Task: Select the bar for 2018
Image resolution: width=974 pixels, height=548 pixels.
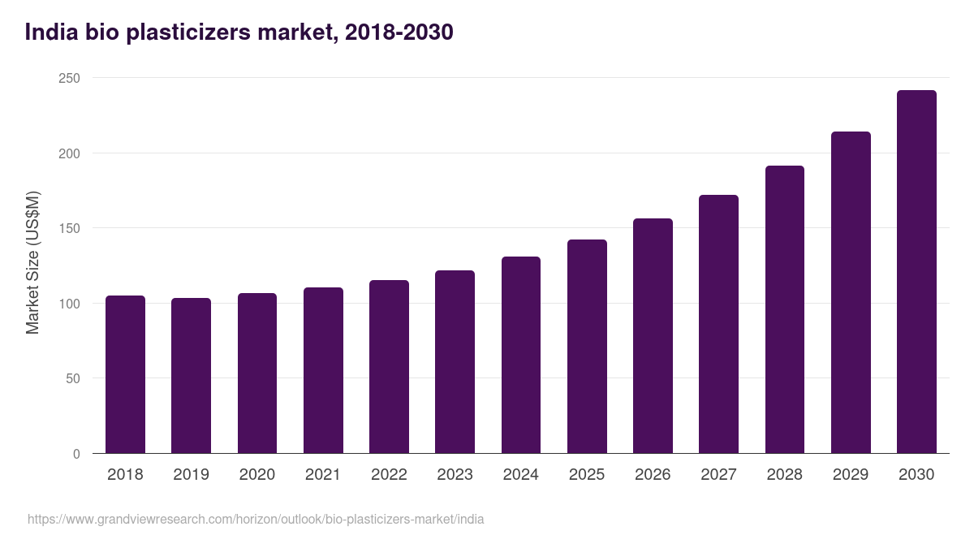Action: click(125, 374)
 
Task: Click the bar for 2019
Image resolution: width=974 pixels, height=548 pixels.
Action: click(191, 375)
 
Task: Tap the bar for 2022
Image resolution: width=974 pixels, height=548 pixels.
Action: click(389, 366)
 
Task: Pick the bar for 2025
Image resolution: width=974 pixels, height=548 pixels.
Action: click(587, 346)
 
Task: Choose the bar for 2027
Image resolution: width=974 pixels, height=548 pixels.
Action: click(718, 324)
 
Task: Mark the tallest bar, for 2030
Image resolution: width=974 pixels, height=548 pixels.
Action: click(916, 272)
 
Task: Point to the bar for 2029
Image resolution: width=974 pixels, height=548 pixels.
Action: click(851, 292)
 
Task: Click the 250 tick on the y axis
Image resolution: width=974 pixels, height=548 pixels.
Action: click(69, 78)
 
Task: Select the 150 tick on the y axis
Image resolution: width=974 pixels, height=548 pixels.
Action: click(69, 228)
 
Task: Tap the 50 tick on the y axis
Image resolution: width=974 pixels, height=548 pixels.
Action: click(72, 378)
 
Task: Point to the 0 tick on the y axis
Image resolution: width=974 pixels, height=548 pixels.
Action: click(76, 454)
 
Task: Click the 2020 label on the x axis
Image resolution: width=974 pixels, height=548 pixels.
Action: click(256, 474)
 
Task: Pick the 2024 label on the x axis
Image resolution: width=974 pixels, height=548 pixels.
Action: click(520, 474)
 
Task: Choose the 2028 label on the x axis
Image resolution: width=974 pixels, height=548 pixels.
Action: click(784, 474)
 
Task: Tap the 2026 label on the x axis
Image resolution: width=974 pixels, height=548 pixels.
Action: click(653, 474)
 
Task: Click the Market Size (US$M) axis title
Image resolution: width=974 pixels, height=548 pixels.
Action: click(32, 262)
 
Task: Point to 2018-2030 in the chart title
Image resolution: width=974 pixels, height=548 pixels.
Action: click(399, 32)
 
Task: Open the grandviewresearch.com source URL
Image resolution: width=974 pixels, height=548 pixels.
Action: click(256, 519)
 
